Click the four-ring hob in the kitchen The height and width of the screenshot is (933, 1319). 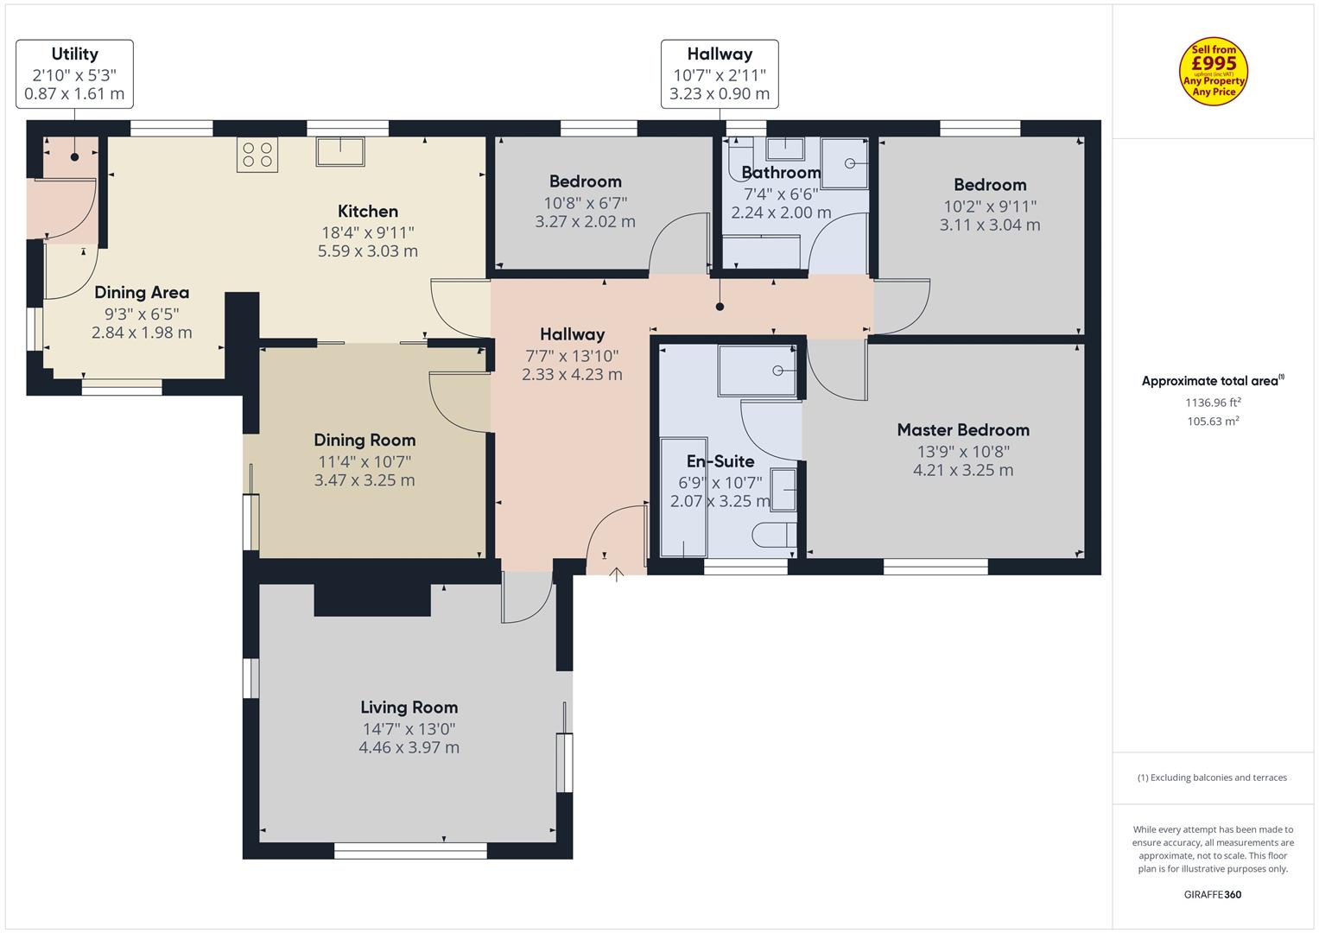[257, 155]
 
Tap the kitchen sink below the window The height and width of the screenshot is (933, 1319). [340, 151]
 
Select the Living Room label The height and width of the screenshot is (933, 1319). [409, 707]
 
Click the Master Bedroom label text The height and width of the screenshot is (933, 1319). [963, 430]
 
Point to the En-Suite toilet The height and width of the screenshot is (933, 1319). [774, 535]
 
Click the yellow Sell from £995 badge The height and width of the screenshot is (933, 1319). [1214, 71]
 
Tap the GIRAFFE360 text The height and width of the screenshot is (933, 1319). [1213, 894]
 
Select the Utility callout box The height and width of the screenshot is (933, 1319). [75, 74]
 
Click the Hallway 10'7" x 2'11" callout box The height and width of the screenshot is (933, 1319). [720, 74]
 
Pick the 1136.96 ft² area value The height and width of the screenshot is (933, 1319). [1213, 403]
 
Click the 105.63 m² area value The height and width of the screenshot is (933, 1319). [1213, 422]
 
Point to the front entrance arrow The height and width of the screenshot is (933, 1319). [616, 574]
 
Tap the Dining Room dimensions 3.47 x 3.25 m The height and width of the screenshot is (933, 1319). [365, 480]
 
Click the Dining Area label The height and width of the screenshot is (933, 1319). [142, 292]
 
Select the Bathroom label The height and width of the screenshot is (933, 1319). [781, 173]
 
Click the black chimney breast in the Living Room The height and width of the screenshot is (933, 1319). [372, 600]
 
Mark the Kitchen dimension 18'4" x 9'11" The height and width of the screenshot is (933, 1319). [368, 232]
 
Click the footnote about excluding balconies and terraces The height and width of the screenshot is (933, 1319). [1213, 777]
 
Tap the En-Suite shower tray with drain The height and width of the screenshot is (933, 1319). [758, 371]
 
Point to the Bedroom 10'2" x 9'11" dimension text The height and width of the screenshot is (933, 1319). [990, 206]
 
